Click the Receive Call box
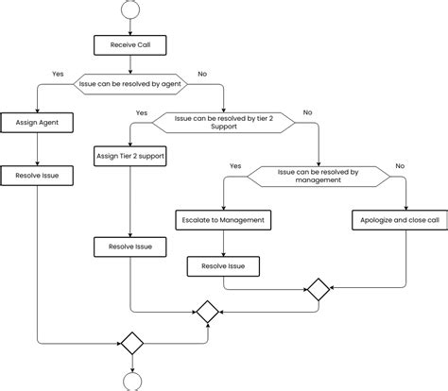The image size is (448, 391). click(130, 44)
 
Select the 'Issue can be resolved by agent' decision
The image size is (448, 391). click(131, 84)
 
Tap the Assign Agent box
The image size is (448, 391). click(37, 123)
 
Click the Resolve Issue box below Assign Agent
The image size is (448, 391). click(37, 175)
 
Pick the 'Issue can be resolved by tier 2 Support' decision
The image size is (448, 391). click(224, 123)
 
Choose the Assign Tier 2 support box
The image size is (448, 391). click(130, 154)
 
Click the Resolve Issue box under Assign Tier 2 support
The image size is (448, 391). click(130, 247)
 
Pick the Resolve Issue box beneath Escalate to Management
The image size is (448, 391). click(223, 267)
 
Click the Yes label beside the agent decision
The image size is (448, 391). click(58, 73)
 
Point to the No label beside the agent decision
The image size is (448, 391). click(203, 73)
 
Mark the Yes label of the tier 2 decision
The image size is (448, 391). click(142, 112)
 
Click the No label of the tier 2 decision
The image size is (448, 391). click(307, 112)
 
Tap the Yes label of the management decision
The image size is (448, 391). click(235, 165)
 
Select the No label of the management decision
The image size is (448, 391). click(400, 165)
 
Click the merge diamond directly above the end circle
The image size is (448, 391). click(130, 342)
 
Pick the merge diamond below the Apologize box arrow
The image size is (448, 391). click(319, 290)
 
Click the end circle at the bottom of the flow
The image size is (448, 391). click(130, 381)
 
